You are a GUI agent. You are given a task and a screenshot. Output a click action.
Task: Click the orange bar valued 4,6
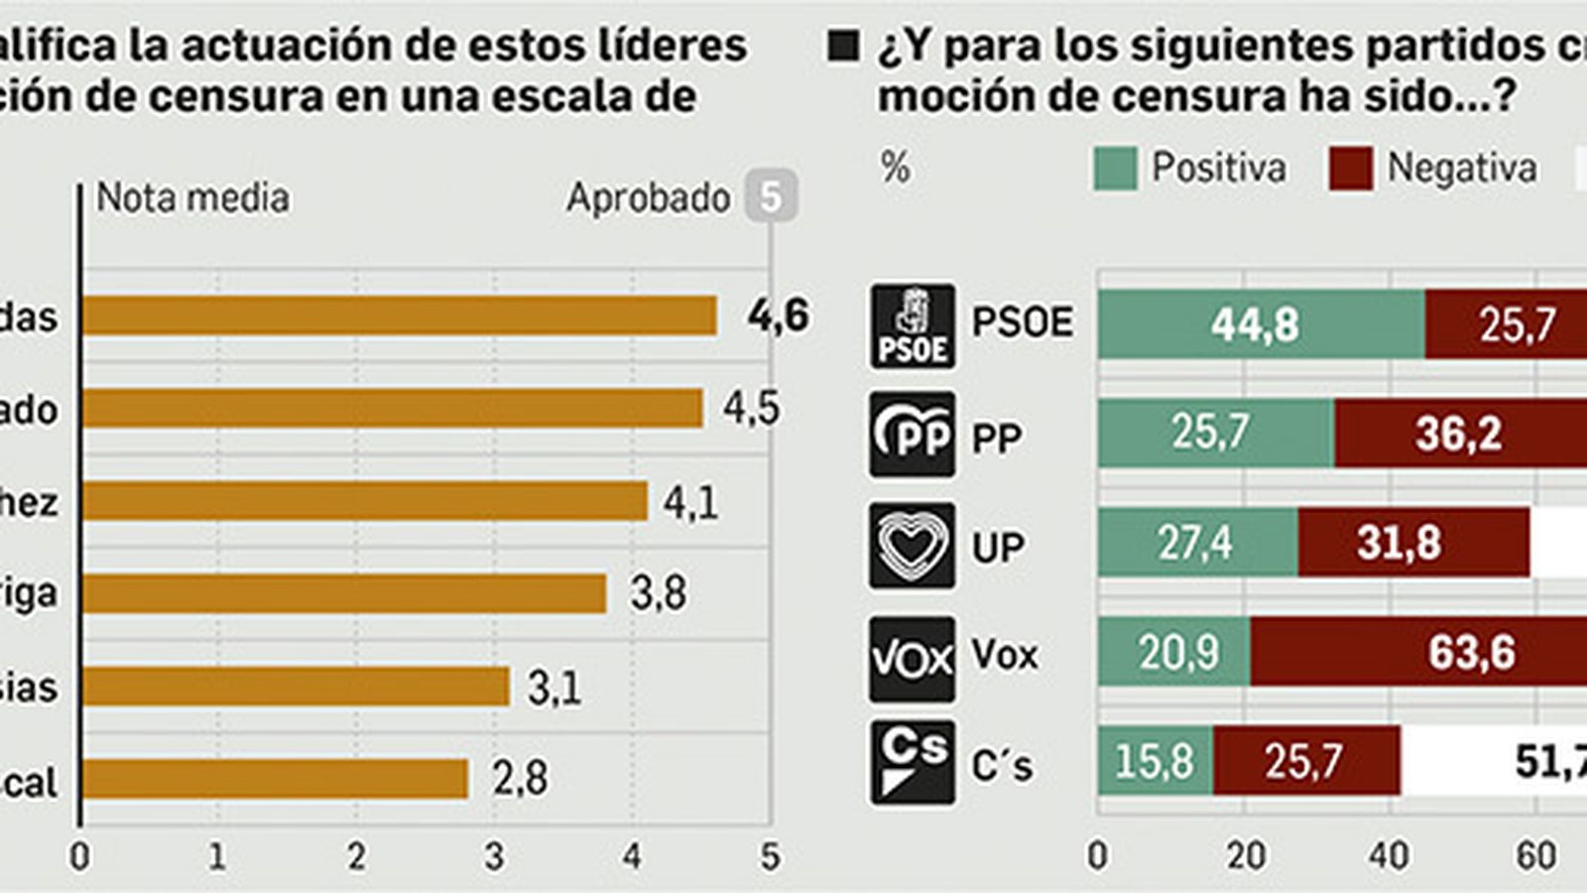399,317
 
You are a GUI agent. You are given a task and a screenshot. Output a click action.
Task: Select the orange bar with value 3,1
296,687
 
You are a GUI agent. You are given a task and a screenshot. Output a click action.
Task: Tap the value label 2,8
521,779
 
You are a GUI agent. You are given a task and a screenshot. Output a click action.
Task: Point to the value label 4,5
751,409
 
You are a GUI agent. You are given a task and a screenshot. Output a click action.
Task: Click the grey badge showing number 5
771,198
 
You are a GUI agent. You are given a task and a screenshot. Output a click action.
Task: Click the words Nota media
192,198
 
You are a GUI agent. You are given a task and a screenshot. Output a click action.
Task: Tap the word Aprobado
648,198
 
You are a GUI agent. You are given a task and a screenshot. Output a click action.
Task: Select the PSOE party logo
913,325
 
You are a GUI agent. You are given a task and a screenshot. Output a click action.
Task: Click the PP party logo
913,435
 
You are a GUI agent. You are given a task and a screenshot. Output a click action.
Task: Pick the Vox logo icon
913,658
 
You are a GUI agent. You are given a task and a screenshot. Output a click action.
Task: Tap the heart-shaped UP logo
913,545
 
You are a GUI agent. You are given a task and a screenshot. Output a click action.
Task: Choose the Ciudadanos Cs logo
913,762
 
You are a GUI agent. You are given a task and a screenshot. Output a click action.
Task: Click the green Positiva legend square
1115,169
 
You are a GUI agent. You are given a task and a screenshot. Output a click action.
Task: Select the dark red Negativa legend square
1351,169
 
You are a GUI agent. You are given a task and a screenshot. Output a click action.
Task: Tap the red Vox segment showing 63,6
1418,652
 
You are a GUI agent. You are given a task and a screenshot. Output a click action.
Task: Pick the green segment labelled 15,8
1155,761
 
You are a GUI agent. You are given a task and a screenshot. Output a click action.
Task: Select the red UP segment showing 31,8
1413,543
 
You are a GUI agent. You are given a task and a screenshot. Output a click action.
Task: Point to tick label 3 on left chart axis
494,856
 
